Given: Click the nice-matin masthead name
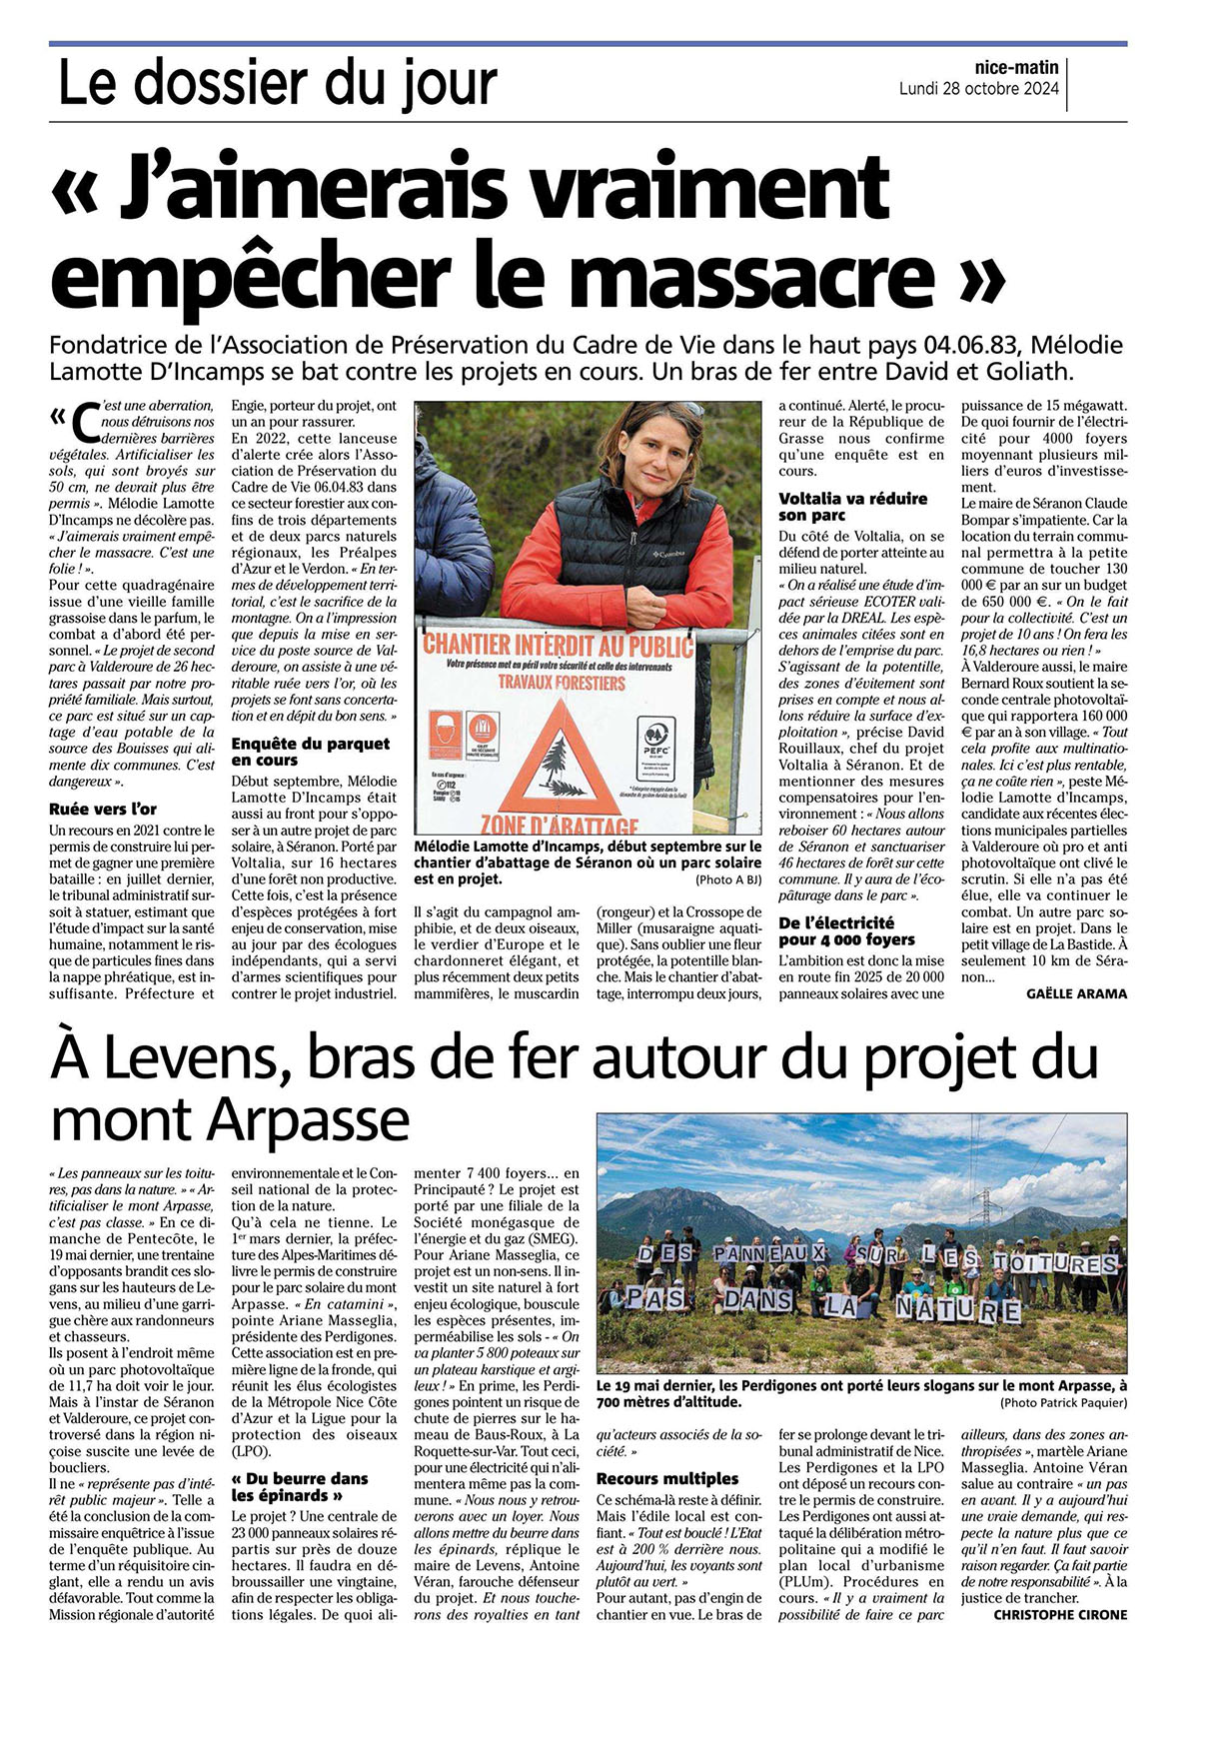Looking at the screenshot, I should pos(1016,68).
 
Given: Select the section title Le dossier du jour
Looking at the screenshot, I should pos(277,84).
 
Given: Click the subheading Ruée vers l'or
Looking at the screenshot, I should pos(103,810).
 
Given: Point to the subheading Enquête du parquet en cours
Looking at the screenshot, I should pos(310,752).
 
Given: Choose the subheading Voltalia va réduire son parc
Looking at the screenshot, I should pos(852,507).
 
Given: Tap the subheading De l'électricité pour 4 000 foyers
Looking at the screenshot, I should pos(846,931).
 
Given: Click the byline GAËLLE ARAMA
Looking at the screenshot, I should pos(1076,993).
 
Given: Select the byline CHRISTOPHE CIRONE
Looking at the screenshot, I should pos(1059,1615).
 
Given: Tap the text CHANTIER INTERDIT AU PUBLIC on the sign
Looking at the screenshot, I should pos(558,644).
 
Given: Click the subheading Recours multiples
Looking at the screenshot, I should pos(666,1478).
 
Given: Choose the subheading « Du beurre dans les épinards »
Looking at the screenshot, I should pos(300,1486).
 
